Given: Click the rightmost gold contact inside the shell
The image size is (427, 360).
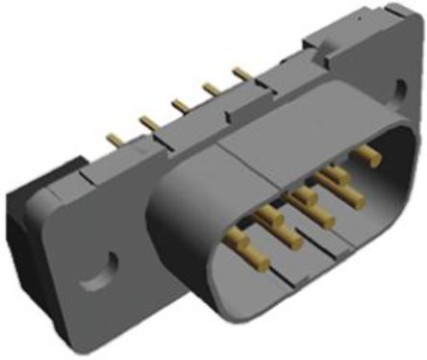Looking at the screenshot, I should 366,152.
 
